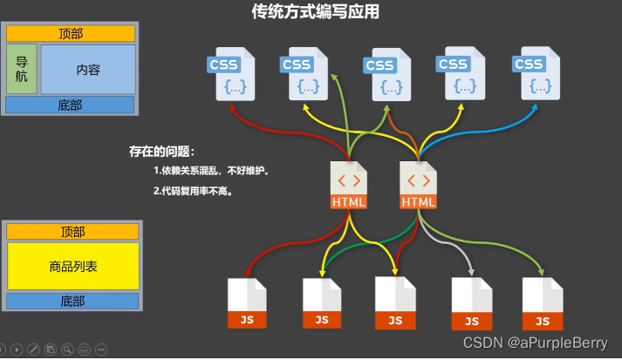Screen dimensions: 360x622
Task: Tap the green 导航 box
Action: (x=22, y=69)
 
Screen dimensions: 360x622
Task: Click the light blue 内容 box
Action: (x=87, y=69)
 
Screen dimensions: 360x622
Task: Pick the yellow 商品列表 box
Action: (x=73, y=266)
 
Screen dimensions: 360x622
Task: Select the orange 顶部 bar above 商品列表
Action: (x=73, y=231)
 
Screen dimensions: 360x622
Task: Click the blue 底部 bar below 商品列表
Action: (x=73, y=301)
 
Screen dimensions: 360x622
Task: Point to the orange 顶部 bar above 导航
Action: (x=71, y=33)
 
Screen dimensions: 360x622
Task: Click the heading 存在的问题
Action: (x=162, y=152)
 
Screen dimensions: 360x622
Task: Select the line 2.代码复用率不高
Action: (x=193, y=190)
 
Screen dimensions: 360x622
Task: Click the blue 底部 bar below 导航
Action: (x=71, y=105)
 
